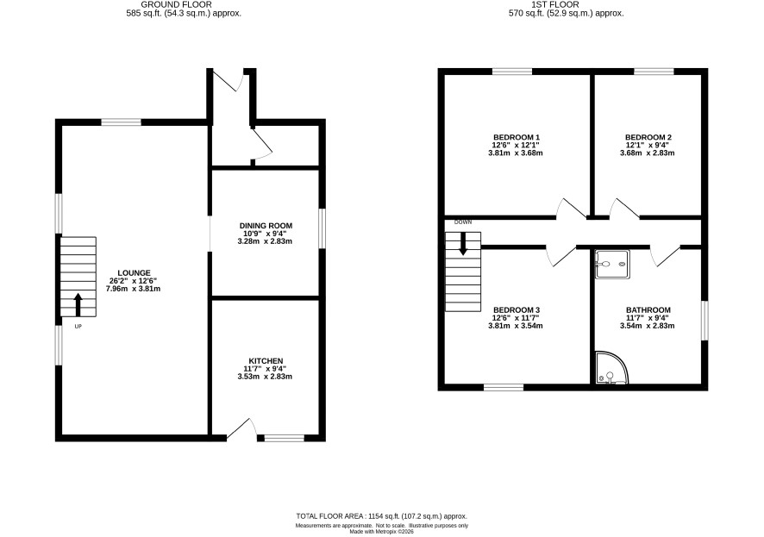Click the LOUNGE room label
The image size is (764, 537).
tap(134, 273)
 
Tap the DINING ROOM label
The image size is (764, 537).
tap(266, 226)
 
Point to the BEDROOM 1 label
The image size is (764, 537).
tap(517, 137)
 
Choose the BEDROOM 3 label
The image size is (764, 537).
tap(517, 310)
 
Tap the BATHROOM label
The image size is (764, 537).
tap(648, 310)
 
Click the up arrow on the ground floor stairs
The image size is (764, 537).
tap(78, 305)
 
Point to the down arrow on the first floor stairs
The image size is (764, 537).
tap(462, 244)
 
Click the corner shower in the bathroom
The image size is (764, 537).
tap(611, 367)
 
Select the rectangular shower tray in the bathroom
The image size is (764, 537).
tap(612, 265)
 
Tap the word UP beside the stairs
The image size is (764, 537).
tap(78, 327)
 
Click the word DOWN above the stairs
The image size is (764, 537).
tap(463, 222)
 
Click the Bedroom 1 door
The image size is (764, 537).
tap(572, 208)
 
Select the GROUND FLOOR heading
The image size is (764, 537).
tap(177, 4)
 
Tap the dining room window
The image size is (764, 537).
tap(322, 228)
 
